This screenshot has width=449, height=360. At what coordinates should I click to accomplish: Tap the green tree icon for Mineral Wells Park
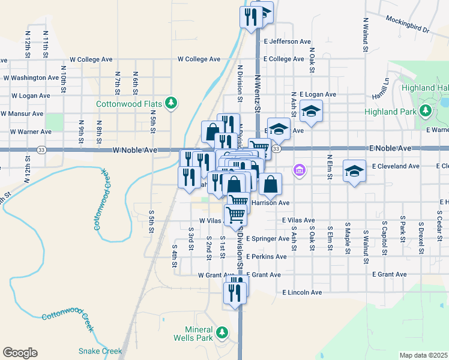pos(222,332)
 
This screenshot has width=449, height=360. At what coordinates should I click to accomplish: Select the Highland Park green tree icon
pos(426,111)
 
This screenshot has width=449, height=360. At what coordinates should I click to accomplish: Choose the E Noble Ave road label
pos(390,148)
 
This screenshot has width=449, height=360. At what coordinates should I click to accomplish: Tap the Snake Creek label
pos(100,351)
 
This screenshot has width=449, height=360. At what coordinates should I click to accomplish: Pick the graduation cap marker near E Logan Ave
pos(311,112)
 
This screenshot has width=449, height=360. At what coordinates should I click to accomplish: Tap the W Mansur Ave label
pos(22,113)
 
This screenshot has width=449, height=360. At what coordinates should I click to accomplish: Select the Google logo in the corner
pos(20,353)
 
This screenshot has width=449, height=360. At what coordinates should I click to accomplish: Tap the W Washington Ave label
pos(32,78)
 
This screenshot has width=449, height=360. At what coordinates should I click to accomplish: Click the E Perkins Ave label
pos(266,257)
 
